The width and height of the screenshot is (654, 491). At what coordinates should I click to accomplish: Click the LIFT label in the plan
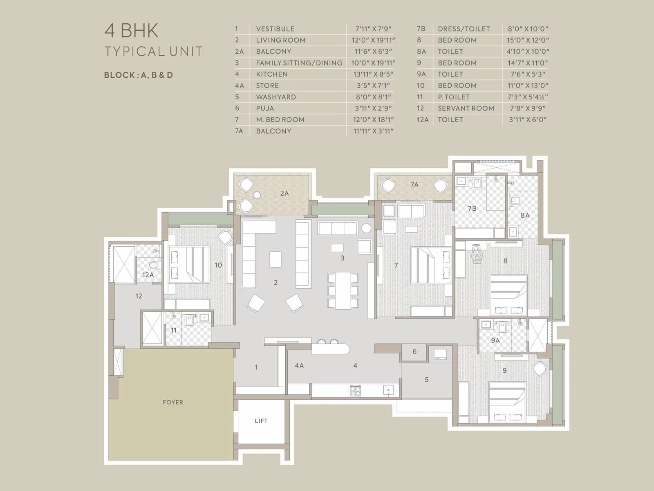[x=261, y=421]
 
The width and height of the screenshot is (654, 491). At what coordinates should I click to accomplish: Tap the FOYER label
[x=173, y=402]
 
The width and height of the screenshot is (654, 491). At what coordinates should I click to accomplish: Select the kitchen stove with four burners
[x=356, y=390]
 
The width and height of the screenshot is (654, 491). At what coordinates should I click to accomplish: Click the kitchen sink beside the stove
[x=388, y=390]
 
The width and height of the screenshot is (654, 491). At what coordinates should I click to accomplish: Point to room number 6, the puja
[x=414, y=351]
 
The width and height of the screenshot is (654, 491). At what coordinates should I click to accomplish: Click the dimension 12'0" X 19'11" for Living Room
[x=373, y=40]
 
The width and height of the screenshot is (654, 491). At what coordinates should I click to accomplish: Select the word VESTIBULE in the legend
[x=275, y=29]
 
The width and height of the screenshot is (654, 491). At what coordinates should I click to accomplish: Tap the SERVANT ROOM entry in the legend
[x=466, y=108]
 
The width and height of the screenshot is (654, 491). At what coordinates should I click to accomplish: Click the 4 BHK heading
[x=132, y=31]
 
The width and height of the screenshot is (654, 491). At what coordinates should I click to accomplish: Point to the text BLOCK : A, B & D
[x=138, y=75]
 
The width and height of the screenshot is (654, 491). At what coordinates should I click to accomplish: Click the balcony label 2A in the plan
[x=284, y=193]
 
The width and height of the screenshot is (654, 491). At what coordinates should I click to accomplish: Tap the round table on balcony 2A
[x=257, y=195]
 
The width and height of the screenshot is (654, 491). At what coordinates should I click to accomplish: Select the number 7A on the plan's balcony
[x=414, y=185]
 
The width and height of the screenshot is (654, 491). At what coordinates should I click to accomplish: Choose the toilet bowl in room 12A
[x=154, y=265]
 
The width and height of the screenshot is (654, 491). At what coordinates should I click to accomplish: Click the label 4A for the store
[x=299, y=365]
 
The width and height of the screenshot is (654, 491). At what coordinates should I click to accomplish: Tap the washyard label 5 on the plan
[x=426, y=380]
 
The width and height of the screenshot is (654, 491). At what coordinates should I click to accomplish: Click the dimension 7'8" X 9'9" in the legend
[x=528, y=108]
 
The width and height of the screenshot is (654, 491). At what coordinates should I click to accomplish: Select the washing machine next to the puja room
[x=440, y=354]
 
